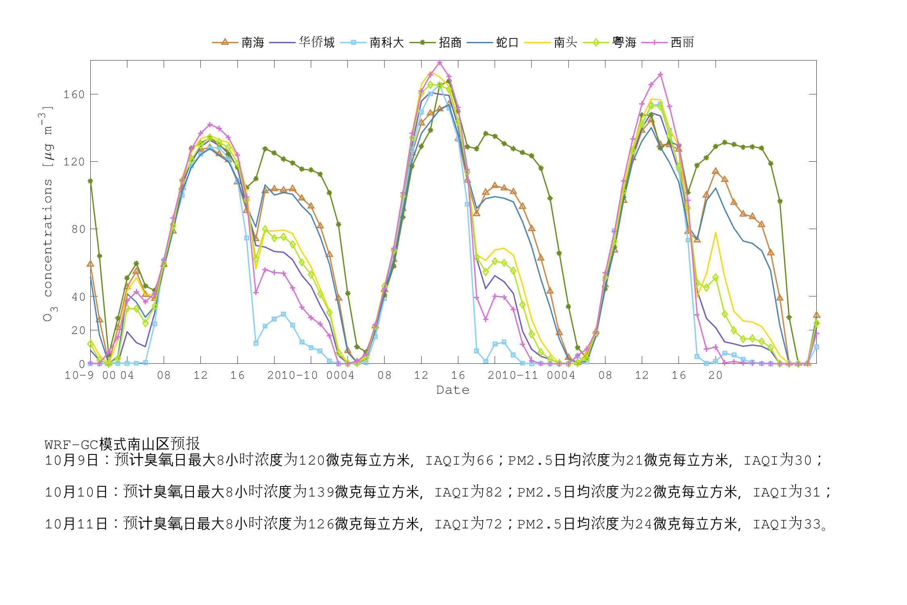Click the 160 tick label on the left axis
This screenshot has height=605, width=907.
(74, 94)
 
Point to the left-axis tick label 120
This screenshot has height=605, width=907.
(74, 162)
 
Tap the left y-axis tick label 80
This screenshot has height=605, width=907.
(78, 229)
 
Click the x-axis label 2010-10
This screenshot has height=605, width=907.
(292, 376)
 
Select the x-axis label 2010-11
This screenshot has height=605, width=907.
(513, 376)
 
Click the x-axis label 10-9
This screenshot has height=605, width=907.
(79, 376)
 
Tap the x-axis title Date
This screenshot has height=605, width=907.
(453, 390)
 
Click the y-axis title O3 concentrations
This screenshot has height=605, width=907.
(48, 214)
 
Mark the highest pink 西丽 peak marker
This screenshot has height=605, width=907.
(440, 63)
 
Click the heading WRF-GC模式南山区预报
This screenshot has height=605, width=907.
(122, 444)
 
